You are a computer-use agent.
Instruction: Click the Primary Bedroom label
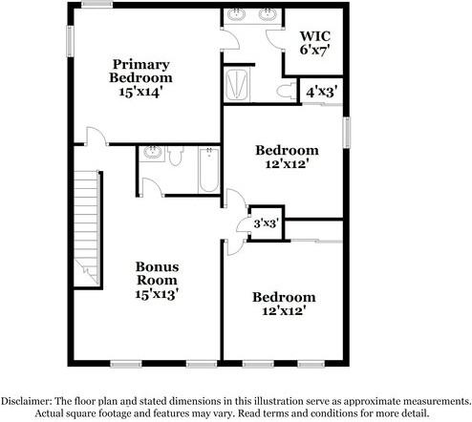140,71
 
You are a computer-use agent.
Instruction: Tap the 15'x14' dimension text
140,94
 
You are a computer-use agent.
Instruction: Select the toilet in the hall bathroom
175,155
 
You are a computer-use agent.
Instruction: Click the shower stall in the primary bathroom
238,84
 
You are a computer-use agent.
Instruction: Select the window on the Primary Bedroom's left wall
70,41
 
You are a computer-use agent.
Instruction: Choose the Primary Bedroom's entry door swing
94,139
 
